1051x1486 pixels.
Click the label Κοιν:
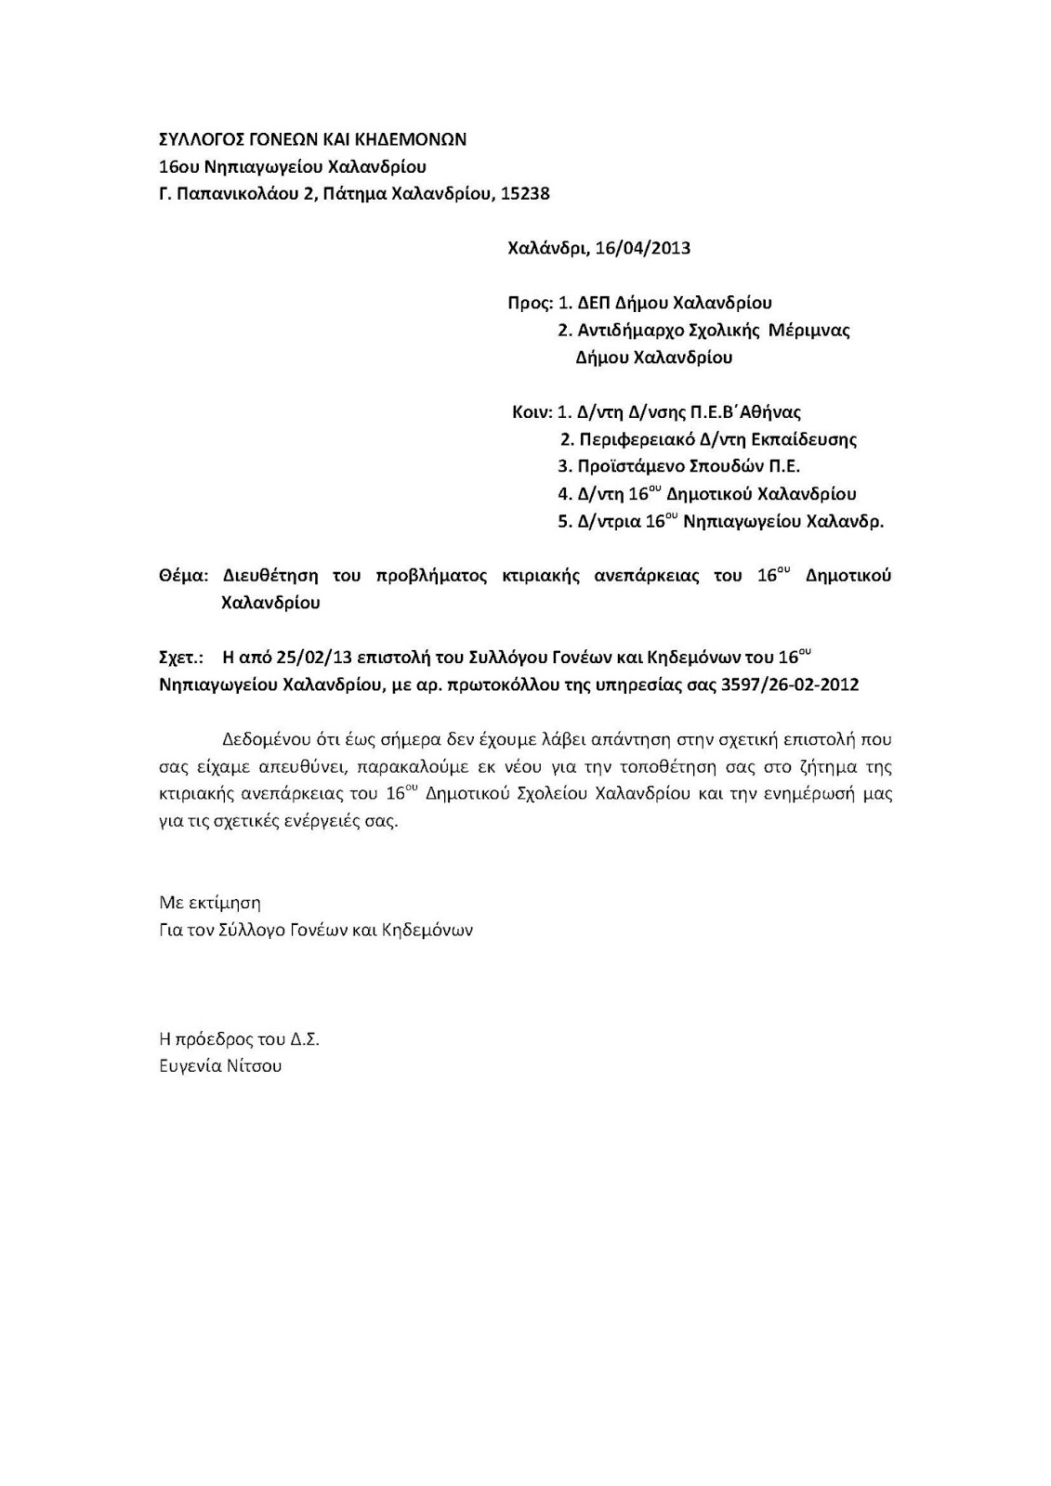pyautogui.click(x=532, y=411)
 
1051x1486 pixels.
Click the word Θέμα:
pyautogui.click(x=185, y=576)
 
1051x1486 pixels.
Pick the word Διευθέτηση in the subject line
pyautogui.click(x=269, y=576)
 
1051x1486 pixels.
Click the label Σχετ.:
pyautogui.click(x=181, y=658)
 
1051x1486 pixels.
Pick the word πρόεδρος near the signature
pyautogui.click(x=211, y=1039)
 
